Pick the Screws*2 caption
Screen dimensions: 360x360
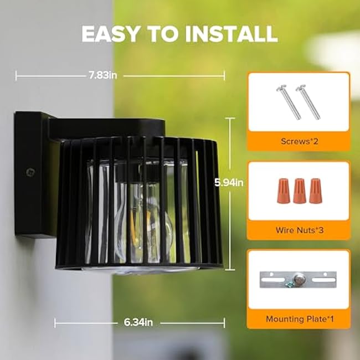(x=299, y=141)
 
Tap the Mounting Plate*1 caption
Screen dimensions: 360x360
(x=299, y=319)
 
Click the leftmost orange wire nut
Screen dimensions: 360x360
(x=284, y=191)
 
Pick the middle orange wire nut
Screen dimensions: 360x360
(x=300, y=191)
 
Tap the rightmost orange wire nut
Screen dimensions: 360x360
(x=316, y=191)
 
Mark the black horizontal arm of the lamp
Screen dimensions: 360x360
(x=105, y=128)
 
